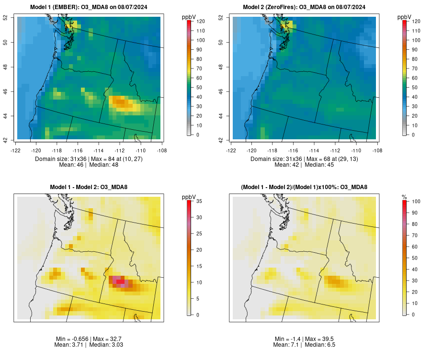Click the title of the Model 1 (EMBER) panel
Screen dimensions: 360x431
[90, 7]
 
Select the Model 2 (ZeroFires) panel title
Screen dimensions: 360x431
[305, 7]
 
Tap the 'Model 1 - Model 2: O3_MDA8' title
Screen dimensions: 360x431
[90, 187]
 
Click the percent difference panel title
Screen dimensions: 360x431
[305, 187]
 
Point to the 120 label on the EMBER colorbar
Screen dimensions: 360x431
[201, 22]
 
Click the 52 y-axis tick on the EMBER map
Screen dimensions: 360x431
[6, 18]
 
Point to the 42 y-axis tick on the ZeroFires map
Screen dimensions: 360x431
[221, 140]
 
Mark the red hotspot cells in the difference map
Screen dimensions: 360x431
[119, 281]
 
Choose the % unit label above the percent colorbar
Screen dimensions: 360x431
[404, 197]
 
